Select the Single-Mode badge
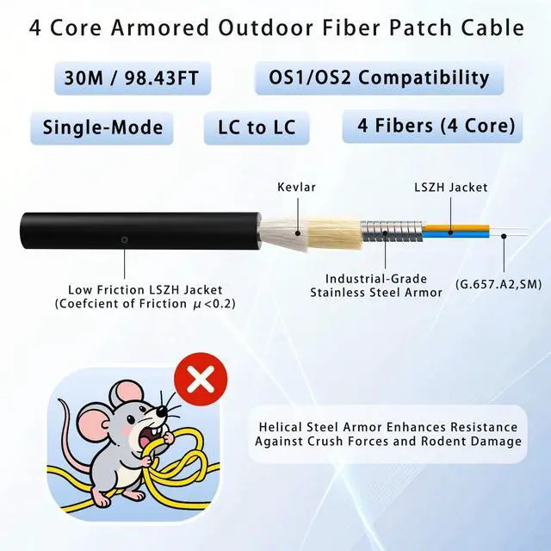[x=102, y=127]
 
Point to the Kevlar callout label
[x=296, y=187]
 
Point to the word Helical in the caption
[x=285, y=426]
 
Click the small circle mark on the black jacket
[x=126, y=238]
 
